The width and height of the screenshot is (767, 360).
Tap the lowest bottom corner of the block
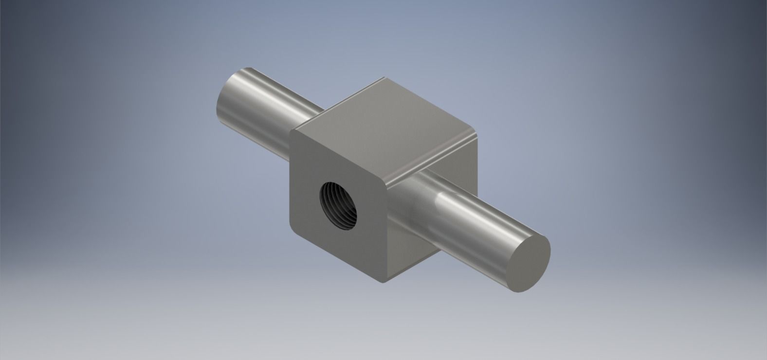tap(384, 281)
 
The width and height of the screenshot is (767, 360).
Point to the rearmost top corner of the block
tap(384, 78)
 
